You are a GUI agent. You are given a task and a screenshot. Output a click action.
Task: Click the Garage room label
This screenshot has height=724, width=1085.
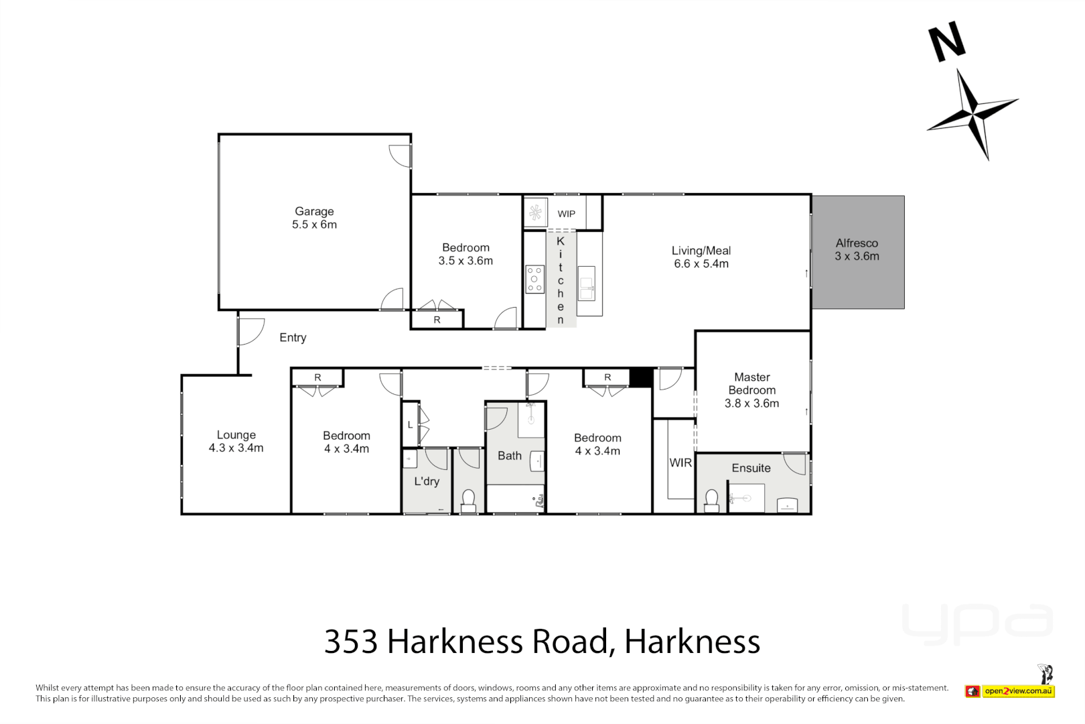pos(314,211)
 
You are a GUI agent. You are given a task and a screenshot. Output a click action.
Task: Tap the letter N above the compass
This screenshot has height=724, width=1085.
pos(946,42)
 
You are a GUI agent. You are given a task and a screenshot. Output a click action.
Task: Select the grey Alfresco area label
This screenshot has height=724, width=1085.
pos(857,243)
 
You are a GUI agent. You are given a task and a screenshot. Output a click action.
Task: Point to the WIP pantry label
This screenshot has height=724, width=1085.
pos(566,214)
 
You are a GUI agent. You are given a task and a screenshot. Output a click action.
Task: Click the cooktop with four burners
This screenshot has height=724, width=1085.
pos(534,280)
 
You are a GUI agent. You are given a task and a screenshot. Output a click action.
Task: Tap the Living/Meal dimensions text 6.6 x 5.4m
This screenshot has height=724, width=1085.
pos(701,264)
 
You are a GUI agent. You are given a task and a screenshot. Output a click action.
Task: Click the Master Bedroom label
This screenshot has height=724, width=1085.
pos(751,383)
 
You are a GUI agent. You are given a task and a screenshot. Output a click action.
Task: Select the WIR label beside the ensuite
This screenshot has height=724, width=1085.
pos(680,463)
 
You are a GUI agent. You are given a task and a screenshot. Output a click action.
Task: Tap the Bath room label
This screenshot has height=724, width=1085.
pos(510,456)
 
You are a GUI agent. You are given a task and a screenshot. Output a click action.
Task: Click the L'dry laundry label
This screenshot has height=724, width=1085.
pos(427,481)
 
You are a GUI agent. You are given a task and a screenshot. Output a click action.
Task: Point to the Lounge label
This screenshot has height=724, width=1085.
pos(236,435)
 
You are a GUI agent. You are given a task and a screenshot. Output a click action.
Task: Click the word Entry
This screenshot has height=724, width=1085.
pos(293,338)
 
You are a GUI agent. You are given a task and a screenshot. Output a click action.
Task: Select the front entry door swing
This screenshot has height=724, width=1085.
pos(250,330)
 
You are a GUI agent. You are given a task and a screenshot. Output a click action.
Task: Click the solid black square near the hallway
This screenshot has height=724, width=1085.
pos(641,377)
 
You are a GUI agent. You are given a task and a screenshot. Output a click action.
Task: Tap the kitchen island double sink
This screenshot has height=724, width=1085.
pos(587,284)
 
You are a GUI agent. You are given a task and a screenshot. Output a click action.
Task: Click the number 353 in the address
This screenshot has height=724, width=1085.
pos(351,642)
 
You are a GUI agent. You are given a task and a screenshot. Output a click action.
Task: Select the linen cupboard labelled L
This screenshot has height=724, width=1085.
pos(411,425)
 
